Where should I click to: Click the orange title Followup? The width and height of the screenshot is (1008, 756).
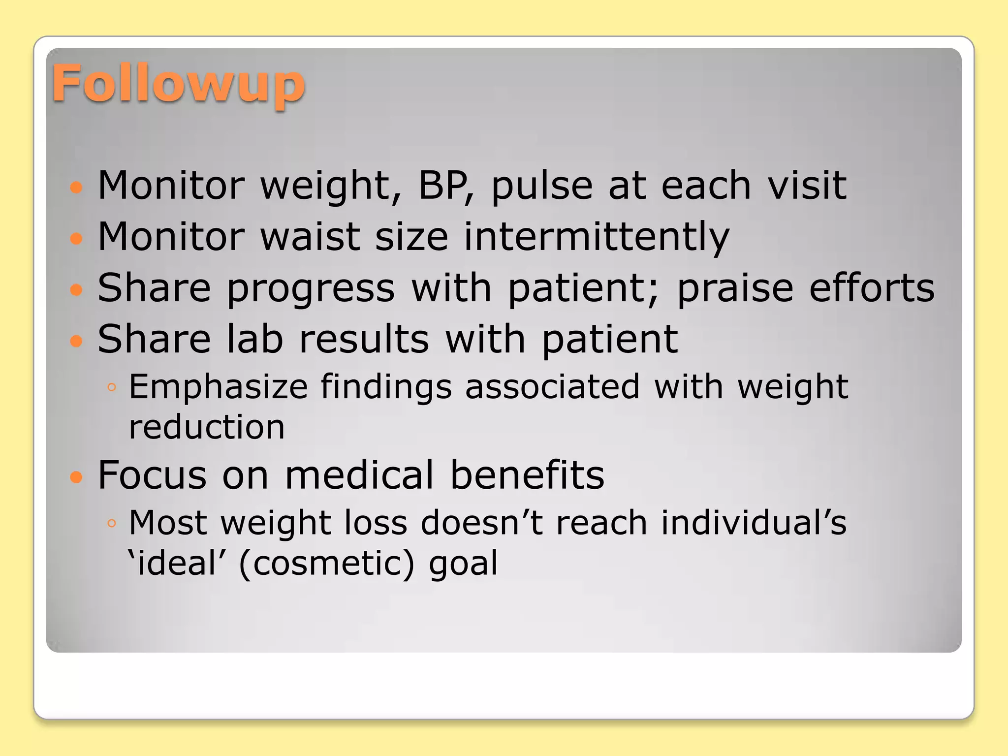tap(178, 85)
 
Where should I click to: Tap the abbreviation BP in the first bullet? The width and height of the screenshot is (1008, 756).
tap(444, 186)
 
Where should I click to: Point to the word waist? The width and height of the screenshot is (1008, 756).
tap(310, 237)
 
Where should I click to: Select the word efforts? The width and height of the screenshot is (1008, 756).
tap(872, 288)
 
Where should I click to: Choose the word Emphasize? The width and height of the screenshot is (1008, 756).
tap(218, 388)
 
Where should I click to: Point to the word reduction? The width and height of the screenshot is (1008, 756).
tap(207, 427)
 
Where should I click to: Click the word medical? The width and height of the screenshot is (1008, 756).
tap(359, 475)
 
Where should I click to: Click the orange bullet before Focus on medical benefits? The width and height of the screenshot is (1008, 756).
tap(76, 476)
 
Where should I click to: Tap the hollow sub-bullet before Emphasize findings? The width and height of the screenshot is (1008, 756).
tap(112, 387)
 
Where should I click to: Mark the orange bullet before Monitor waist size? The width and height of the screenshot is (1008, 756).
tap(76, 239)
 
